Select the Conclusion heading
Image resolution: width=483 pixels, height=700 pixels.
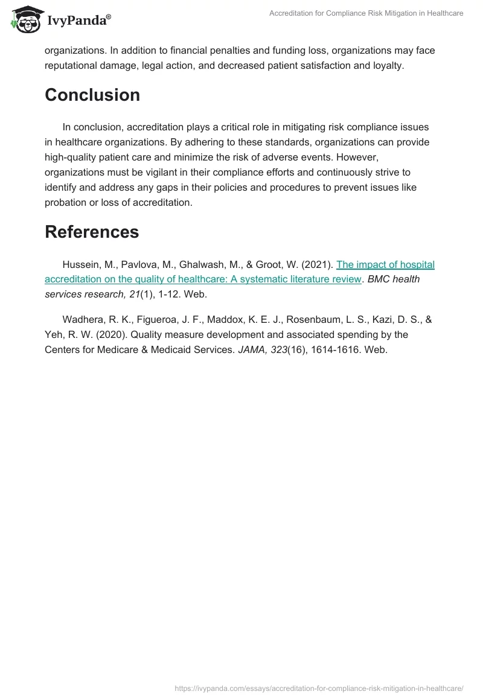[92, 95]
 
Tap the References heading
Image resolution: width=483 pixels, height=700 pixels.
[92, 232]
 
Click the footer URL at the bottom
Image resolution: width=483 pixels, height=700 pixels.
[318, 687]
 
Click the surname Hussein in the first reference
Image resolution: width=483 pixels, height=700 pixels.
[80, 264]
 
